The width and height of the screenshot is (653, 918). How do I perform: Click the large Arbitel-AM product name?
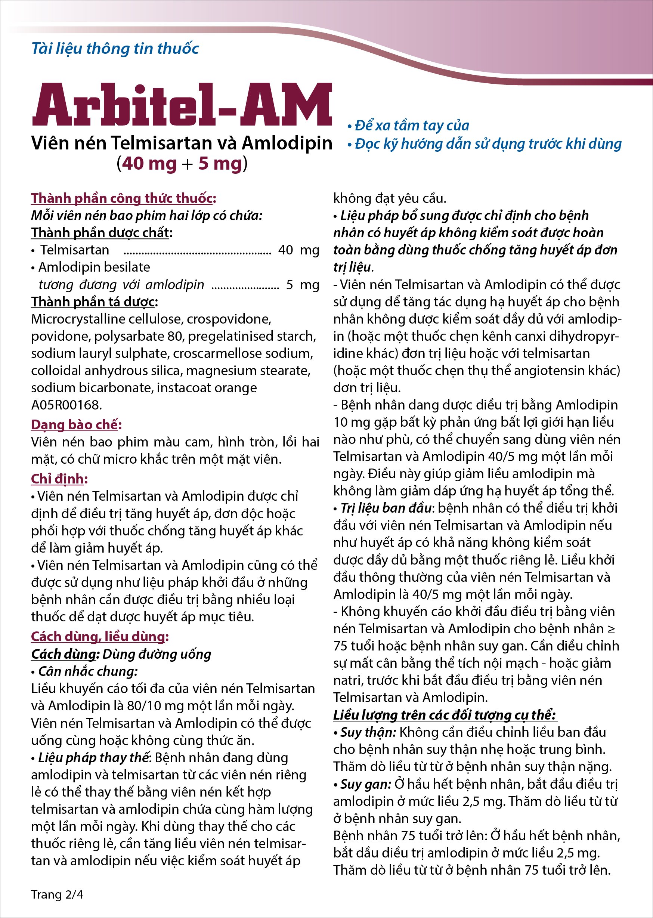click(182, 105)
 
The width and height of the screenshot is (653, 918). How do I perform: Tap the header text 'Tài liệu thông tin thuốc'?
click(115, 49)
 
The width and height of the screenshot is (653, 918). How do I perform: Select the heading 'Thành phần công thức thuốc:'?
click(123, 198)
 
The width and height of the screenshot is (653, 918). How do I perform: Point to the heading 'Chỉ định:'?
click(59, 479)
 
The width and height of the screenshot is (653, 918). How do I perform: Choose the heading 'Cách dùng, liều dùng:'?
click(100, 637)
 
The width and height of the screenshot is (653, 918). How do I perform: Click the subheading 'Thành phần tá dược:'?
click(95, 302)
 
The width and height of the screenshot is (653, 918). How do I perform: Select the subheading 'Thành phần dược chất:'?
click(102, 233)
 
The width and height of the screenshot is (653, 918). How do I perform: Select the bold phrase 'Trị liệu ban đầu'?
click(386, 508)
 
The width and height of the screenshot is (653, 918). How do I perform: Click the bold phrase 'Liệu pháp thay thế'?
click(93, 758)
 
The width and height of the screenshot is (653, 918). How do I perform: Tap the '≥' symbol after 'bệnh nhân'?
click(611, 628)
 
